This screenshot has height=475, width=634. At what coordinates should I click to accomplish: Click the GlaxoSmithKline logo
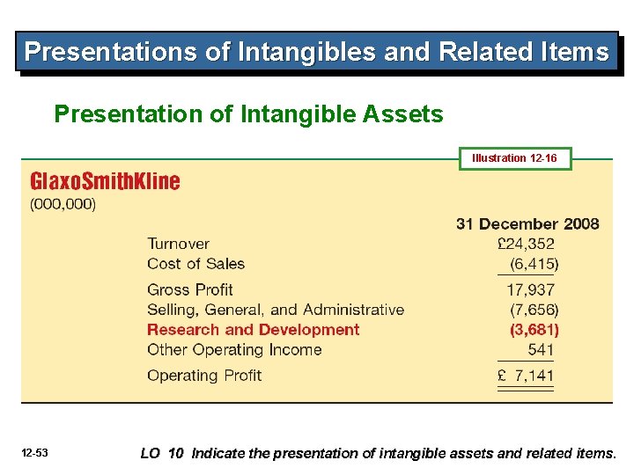tap(105, 182)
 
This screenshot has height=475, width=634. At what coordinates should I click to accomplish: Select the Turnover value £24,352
tap(527, 244)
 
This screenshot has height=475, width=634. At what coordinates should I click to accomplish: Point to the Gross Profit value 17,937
tap(531, 289)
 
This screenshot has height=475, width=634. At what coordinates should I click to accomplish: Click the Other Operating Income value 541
tap(541, 349)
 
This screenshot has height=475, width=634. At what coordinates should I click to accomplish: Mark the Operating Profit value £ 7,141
tap(526, 376)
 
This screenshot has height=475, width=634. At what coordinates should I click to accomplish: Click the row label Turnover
tap(178, 244)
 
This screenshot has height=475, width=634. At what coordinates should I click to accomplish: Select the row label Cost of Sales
tap(195, 264)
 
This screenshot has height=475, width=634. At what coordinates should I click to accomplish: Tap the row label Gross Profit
tap(189, 289)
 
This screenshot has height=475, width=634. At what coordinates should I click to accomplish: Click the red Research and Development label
tap(253, 330)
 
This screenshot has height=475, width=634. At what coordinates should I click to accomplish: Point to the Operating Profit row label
tap(204, 376)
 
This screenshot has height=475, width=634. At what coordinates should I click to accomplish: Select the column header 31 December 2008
tap(527, 223)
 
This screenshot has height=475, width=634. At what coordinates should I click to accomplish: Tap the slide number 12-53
tap(36, 453)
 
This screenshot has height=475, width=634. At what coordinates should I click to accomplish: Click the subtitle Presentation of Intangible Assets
tap(248, 114)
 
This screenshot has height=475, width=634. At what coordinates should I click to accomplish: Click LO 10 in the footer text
tap(162, 454)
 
